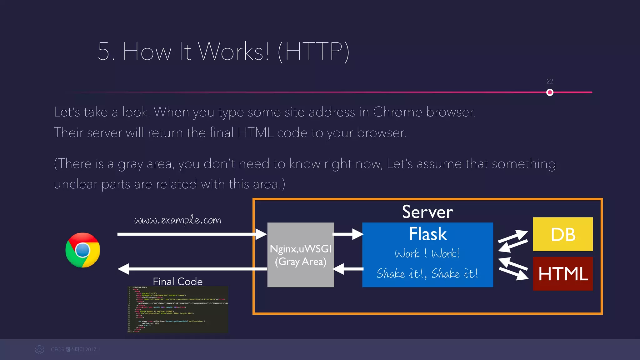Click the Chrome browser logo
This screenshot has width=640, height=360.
coord(82,250)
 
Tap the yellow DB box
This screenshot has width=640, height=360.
coord(562,234)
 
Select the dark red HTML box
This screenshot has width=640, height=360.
coord(562,274)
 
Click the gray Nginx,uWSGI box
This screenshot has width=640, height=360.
coord(301,255)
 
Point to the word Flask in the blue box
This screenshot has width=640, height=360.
coord(428,234)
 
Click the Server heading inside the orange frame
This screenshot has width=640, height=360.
coord(427,212)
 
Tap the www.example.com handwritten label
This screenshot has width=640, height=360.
coord(177,220)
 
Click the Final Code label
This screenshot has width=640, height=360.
coord(177,281)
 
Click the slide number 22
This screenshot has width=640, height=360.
coord(550,82)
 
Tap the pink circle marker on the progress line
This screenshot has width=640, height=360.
coord(550,92)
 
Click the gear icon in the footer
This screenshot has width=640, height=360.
coord(40,349)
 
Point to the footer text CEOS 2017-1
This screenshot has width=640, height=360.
coord(75,349)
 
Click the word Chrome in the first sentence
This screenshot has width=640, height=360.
coord(397,112)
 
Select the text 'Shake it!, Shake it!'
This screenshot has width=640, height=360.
coord(427,274)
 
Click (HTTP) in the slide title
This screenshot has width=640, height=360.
coord(313,52)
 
